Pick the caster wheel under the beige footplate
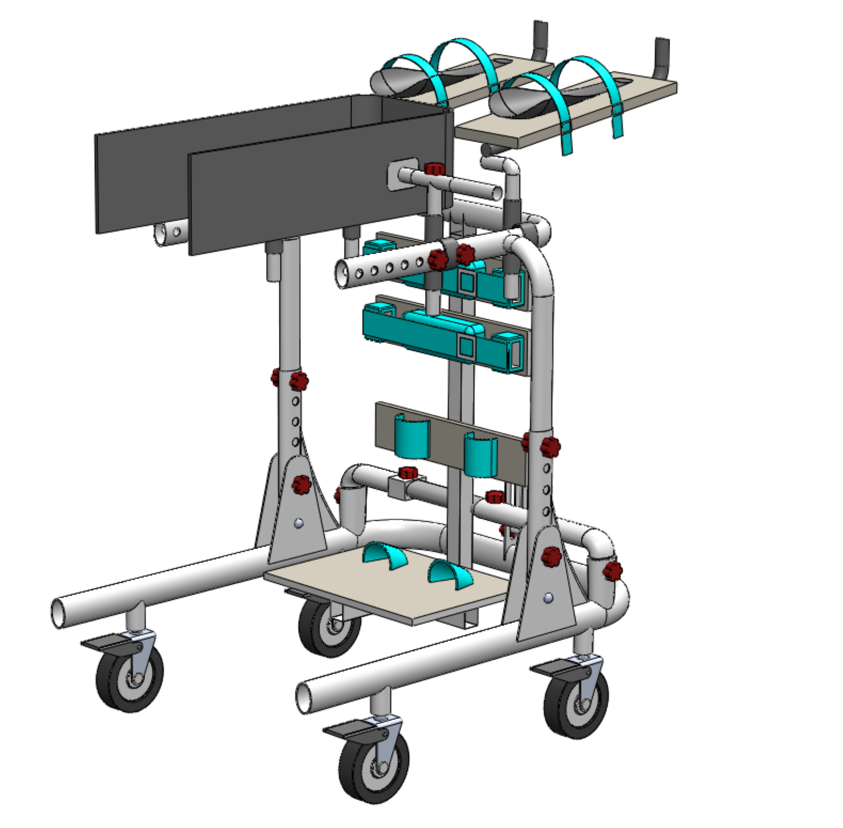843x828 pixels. click(x=329, y=626)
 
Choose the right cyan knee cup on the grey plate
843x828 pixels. click(x=481, y=454)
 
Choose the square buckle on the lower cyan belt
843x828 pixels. click(x=466, y=347)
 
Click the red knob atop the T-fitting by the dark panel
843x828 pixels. click(x=434, y=168)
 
